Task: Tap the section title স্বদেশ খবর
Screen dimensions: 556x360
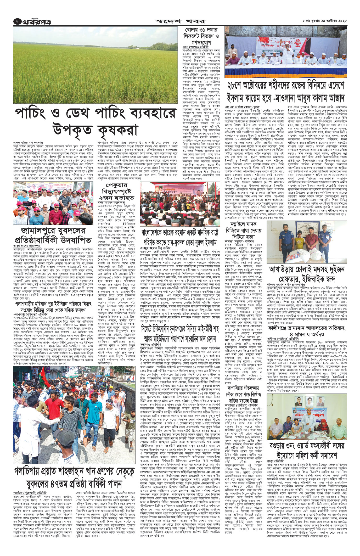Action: tap(180, 21)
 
